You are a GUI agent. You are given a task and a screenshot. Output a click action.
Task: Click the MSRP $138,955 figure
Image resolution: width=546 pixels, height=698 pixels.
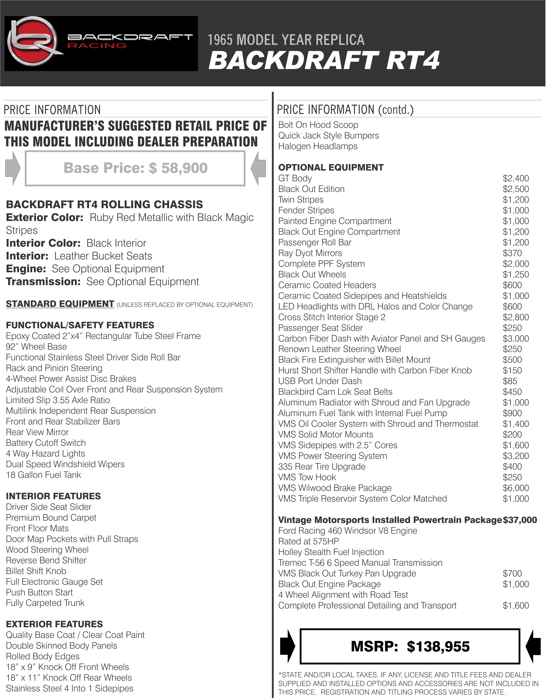(410, 646)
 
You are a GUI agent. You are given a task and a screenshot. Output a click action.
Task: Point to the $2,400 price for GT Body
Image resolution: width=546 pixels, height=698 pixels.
(516, 178)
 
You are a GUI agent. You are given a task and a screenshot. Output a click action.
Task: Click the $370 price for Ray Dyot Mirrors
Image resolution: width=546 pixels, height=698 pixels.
(512, 253)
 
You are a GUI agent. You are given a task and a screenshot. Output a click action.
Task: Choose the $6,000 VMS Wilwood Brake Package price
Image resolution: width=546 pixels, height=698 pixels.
(516, 488)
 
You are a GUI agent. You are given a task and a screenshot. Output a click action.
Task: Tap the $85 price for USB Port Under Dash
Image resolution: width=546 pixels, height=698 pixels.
(510, 381)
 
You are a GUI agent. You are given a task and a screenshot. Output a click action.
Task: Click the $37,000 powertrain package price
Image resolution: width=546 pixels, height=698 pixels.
(520, 520)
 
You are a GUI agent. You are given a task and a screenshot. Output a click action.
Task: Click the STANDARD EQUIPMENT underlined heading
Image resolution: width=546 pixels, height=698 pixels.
(60, 304)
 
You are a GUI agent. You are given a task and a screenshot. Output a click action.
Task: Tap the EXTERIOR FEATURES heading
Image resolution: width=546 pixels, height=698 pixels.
(54, 624)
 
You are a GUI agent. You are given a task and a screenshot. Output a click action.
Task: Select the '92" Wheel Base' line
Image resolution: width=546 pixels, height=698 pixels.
(36, 347)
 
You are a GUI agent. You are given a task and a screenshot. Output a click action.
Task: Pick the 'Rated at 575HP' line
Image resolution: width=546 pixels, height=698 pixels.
(308, 541)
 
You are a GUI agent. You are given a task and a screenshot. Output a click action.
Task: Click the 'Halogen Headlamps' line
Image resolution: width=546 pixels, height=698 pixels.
(318, 146)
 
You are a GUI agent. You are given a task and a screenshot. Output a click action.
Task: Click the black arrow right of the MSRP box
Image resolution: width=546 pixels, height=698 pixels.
(533, 646)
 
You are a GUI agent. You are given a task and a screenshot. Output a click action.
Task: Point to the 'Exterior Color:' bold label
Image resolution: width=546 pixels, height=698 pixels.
(44, 218)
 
